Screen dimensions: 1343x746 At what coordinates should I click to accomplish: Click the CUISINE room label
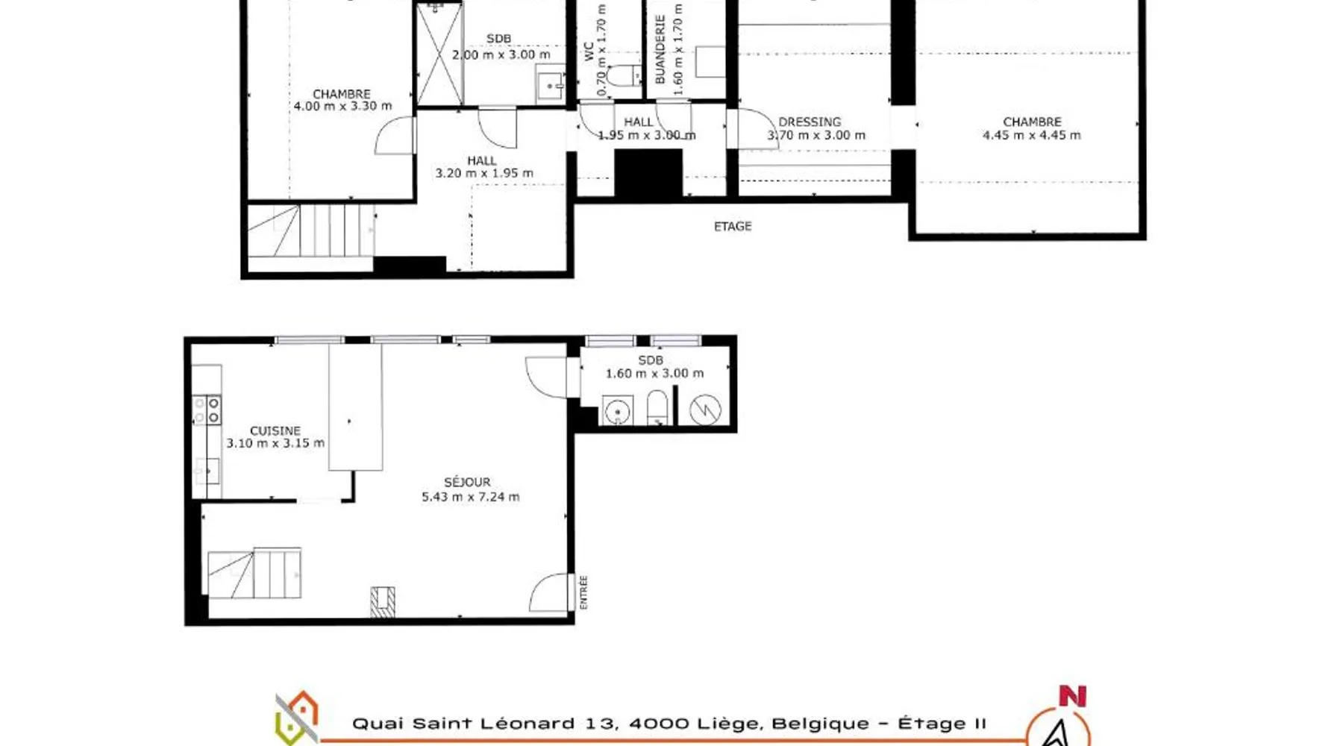click(275, 430)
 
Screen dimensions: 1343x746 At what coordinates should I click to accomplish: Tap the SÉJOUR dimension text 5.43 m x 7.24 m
click(471, 497)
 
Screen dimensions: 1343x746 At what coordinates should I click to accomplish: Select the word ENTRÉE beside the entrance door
click(583, 592)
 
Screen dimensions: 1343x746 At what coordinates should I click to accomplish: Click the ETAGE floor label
click(733, 226)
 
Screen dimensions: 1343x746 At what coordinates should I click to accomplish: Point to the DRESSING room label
click(810, 122)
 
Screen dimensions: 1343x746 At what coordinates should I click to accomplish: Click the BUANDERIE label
click(660, 49)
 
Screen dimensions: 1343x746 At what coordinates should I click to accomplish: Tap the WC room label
click(589, 51)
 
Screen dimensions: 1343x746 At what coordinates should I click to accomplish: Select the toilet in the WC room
click(623, 75)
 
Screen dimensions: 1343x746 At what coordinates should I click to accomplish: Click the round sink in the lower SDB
click(617, 411)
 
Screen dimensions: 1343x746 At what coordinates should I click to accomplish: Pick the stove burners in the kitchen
click(207, 410)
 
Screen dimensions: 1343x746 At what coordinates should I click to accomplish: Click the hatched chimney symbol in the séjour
click(383, 602)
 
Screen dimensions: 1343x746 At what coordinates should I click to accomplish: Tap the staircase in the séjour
click(254, 573)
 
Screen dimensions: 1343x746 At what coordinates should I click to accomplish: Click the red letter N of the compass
click(1072, 696)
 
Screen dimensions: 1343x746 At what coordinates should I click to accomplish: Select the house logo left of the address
click(297, 718)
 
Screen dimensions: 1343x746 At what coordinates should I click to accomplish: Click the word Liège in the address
click(730, 723)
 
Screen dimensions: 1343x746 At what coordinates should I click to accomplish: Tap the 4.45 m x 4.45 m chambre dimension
click(1032, 135)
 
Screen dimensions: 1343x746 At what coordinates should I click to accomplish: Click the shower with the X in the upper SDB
click(439, 54)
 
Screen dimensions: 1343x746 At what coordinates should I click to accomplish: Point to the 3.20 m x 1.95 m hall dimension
click(484, 173)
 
